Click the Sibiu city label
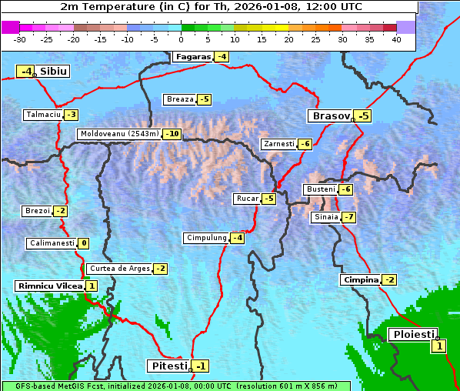click(54, 72)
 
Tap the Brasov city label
click(330, 116)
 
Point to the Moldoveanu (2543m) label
click(119, 134)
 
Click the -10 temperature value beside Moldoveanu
click(172, 134)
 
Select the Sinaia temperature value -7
click(349, 217)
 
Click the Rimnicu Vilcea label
click(49, 286)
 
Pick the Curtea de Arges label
click(118, 269)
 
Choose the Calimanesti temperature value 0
click(83, 243)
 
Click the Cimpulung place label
click(206, 238)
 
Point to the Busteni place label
click(320, 189)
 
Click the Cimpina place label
click(360, 280)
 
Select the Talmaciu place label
click(43, 115)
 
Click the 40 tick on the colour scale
click(396, 39)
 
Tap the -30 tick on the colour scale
click(20, 39)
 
